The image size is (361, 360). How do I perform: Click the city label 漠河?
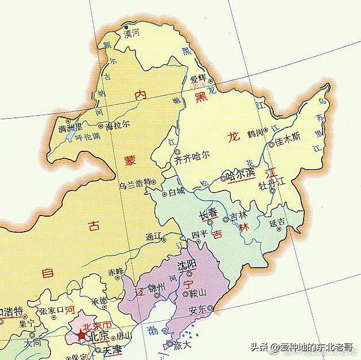132,34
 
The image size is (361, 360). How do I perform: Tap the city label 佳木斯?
288,138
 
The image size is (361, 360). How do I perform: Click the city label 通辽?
154,236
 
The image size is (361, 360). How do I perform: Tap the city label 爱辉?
198,79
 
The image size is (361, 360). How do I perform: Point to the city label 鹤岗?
255,133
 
